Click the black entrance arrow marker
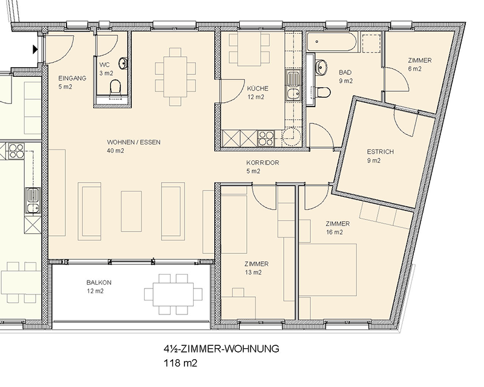point(35,49)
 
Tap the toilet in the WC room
point(115,86)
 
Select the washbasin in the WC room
point(123,63)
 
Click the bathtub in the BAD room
point(332,41)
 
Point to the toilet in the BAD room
point(323,92)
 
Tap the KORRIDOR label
point(263,163)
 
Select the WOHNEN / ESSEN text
point(134,142)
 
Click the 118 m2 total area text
point(180,363)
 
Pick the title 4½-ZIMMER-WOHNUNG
point(221,349)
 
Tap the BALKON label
point(99,282)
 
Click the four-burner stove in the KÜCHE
point(266,138)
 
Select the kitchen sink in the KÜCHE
point(293,85)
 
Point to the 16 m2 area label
point(335,232)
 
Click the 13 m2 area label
point(253,272)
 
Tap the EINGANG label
point(72,79)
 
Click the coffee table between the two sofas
point(131,211)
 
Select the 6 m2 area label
point(414,69)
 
